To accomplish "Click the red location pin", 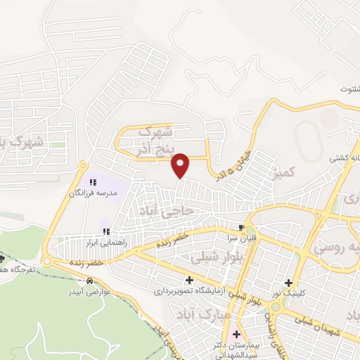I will (181, 165).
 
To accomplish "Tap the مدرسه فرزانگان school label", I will (92, 192).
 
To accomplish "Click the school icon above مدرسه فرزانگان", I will (92, 182).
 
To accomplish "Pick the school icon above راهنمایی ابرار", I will (105, 230).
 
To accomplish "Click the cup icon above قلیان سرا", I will (242, 227).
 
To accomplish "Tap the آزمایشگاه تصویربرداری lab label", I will (189, 289).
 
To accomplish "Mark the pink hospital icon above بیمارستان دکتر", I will (236, 334).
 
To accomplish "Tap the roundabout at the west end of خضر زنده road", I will (47, 262).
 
